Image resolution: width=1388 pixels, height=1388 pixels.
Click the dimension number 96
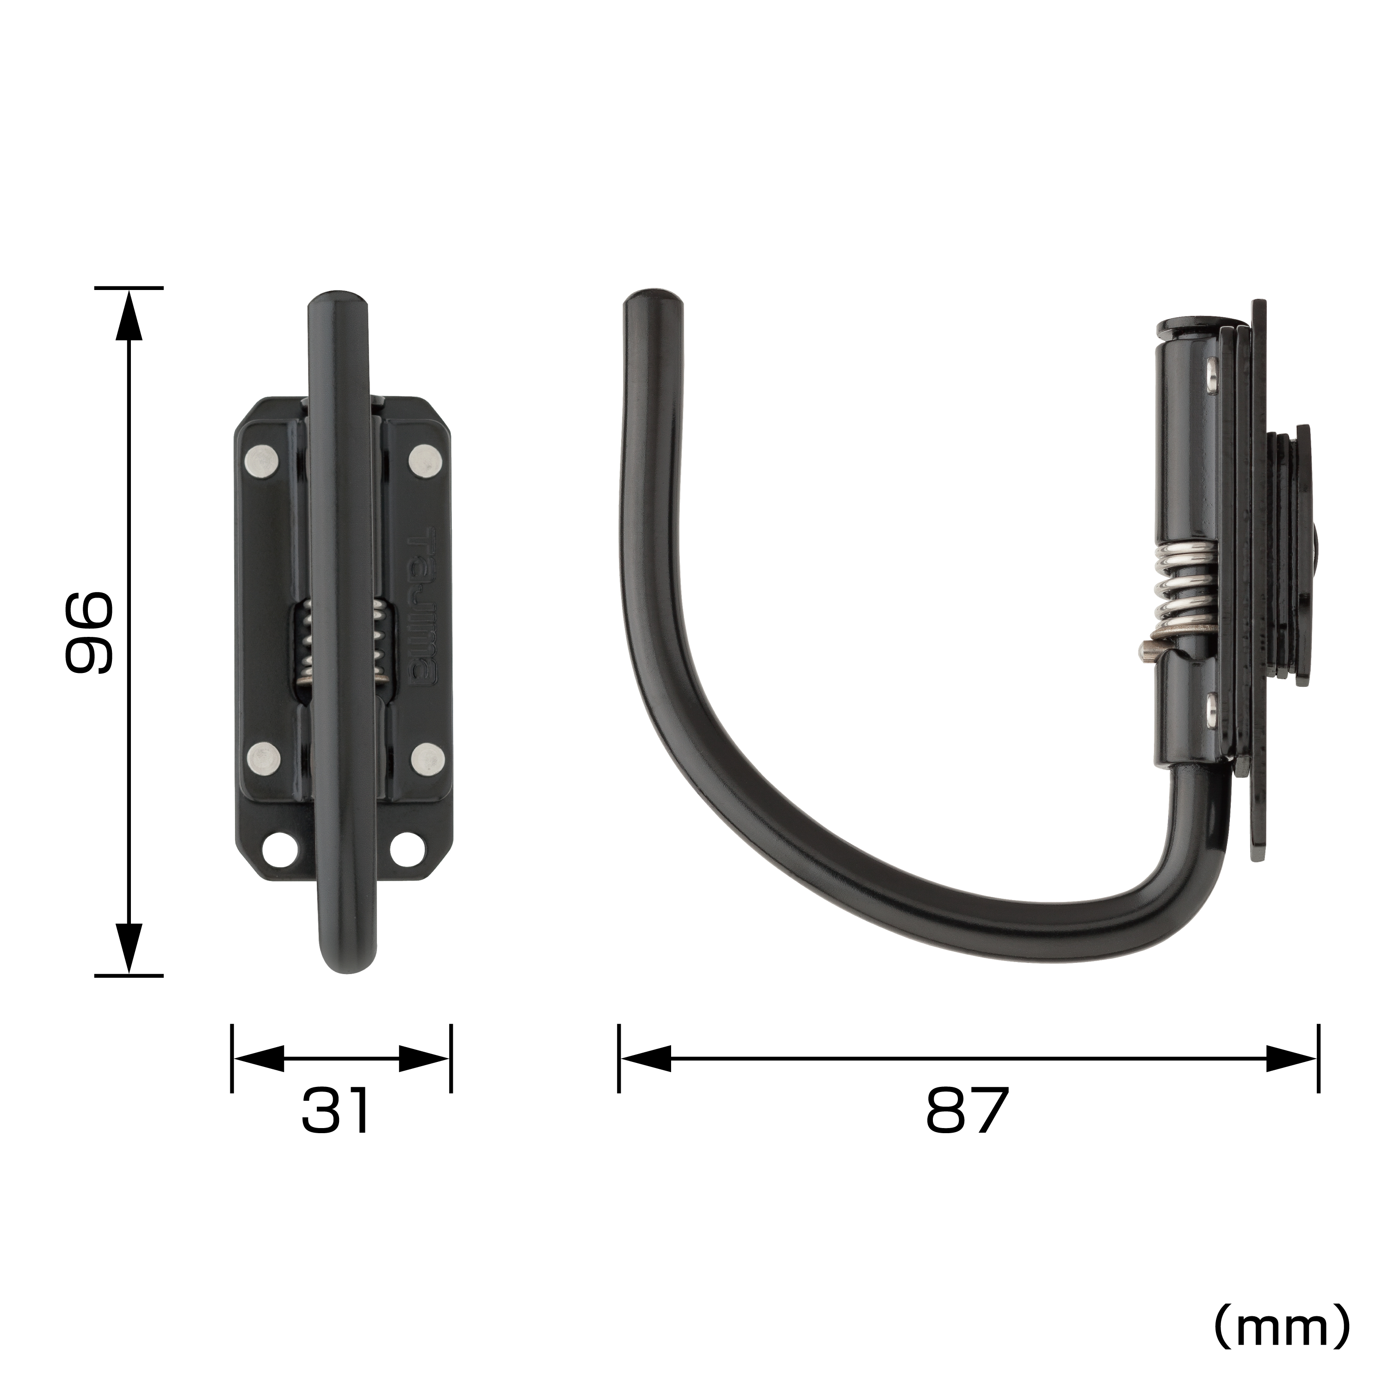88,632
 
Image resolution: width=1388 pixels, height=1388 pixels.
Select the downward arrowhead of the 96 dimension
130,948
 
